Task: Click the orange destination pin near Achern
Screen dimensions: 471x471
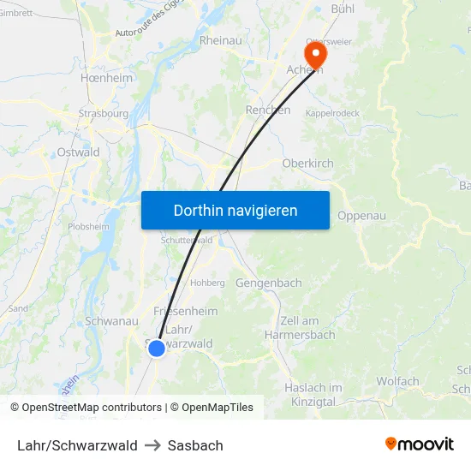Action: tap(316, 56)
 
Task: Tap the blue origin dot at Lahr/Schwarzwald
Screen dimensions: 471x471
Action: tap(157, 348)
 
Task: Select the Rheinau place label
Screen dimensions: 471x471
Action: tap(220, 40)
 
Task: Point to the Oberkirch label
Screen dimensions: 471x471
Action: tap(307, 164)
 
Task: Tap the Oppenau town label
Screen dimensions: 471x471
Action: tap(362, 216)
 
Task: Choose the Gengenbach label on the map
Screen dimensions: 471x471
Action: tap(268, 283)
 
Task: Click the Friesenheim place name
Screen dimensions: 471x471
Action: tap(185, 311)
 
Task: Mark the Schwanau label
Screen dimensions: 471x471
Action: tap(111, 321)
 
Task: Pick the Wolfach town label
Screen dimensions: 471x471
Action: tap(397, 382)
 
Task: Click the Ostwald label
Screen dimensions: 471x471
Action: tap(78, 152)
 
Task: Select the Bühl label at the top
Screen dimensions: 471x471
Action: tap(344, 9)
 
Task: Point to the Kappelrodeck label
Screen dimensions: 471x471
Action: tap(332, 113)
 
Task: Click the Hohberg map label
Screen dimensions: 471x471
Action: tap(207, 283)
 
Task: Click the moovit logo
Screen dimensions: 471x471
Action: tap(420, 444)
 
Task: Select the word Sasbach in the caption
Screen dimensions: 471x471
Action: tap(195, 445)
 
